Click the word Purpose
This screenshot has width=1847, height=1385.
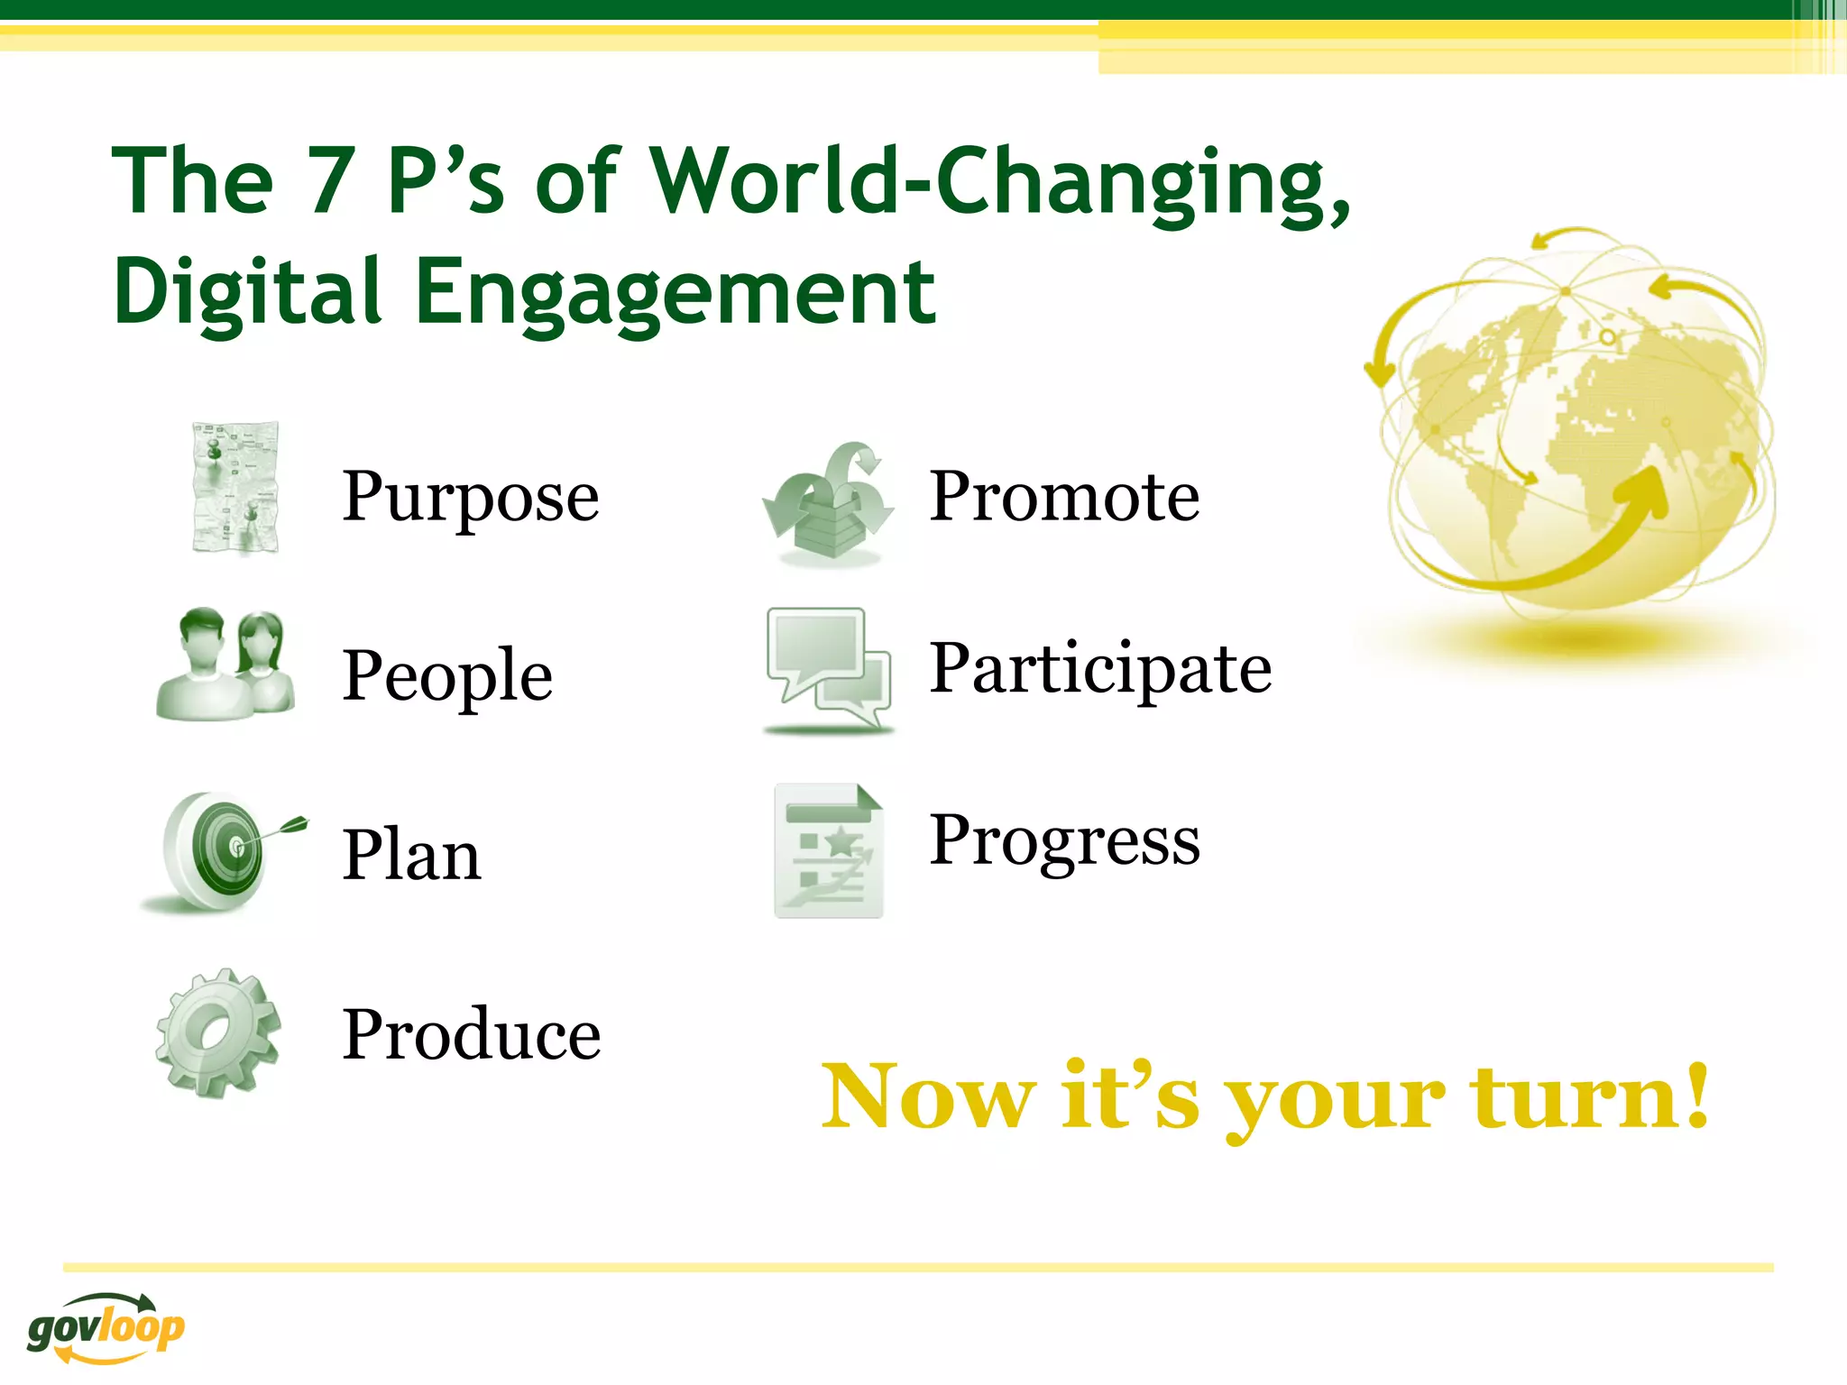pos(470,497)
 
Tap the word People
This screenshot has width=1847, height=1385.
pos(447,675)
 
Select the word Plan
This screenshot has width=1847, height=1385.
pos(411,855)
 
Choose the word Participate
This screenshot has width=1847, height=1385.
pos(1100,668)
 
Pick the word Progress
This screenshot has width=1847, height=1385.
pos(1064,840)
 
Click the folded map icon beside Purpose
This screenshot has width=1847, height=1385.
pos(235,488)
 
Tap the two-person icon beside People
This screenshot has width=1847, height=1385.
pos(225,665)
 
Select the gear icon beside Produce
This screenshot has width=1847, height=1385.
pos(217,1032)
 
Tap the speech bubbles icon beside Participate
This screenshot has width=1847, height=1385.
pos(828,667)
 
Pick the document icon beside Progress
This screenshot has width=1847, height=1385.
pos(828,850)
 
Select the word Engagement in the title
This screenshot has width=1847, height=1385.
pos(675,292)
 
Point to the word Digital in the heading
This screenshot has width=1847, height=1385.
pos(247,292)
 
